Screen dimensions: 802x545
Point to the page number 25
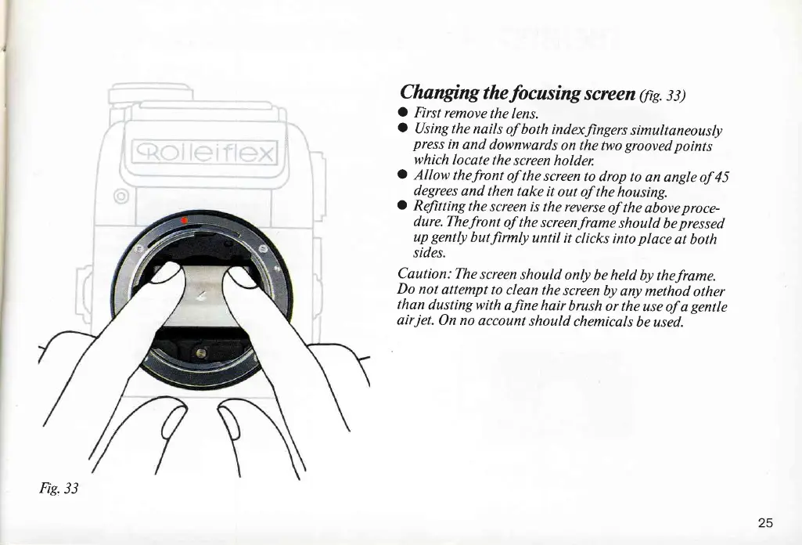pyautogui.click(x=765, y=522)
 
